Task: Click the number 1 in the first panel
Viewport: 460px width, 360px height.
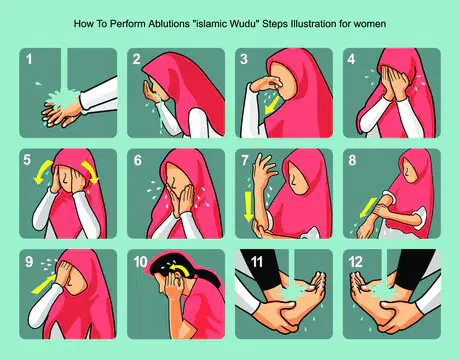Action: tap(29, 59)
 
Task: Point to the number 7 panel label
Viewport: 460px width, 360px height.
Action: tap(245, 160)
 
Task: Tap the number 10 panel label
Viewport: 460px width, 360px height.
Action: tap(140, 262)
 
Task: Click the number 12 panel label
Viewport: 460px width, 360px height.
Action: tap(355, 262)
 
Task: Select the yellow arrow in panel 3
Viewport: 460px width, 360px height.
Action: tap(272, 105)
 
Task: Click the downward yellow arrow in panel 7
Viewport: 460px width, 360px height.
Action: tap(248, 206)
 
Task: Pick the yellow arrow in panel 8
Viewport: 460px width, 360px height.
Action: tap(368, 207)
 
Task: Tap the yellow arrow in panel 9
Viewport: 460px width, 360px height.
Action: tap(43, 284)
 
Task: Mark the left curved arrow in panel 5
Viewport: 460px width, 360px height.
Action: tap(43, 171)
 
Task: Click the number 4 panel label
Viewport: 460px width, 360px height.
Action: tap(351, 59)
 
